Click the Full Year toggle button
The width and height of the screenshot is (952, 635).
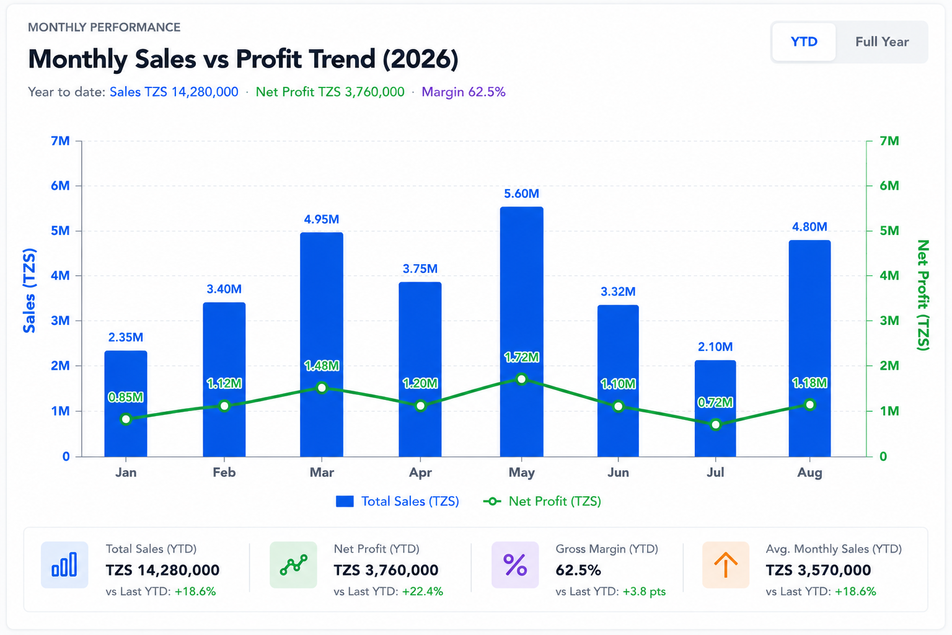[x=882, y=42]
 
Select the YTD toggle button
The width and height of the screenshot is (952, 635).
[x=804, y=42]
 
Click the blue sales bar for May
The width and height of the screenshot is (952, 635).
[x=521, y=332]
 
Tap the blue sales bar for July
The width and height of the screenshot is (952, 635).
[x=715, y=408]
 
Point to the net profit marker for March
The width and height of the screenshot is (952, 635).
[x=322, y=388]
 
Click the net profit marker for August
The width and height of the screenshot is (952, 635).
[x=809, y=404]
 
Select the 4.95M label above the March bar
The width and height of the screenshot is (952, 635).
[x=321, y=220]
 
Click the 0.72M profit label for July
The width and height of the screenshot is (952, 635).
[x=715, y=402]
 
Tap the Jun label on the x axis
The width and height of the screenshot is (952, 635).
[x=618, y=473]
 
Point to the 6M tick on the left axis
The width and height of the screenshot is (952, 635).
[x=60, y=186]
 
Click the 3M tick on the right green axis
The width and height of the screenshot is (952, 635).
[x=889, y=321]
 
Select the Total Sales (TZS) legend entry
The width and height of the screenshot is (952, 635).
[x=397, y=502]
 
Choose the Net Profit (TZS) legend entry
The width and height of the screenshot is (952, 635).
[x=542, y=502]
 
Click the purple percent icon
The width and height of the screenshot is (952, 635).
[x=515, y=565]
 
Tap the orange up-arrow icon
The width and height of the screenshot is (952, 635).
[x=726, y=565]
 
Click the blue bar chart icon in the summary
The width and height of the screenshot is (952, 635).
[x=64, y=565]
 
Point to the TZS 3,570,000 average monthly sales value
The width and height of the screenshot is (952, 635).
[x=818, y=570]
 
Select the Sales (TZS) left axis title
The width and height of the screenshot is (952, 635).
[x=29, y=290]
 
